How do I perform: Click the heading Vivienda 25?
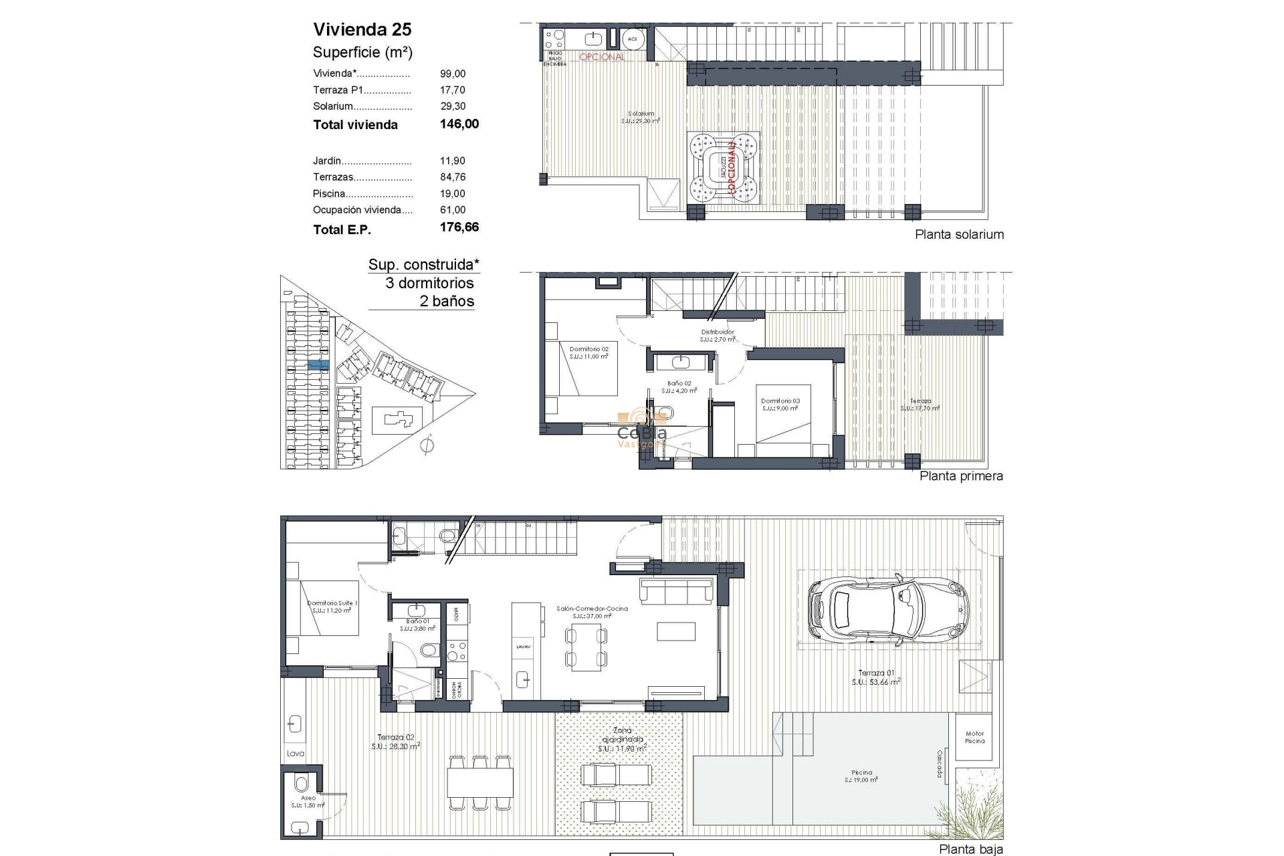pos(362,29)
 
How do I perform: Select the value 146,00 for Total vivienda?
pos(459,124)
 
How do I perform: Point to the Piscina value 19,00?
pos(453,193)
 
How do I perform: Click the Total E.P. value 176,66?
pos(459,227)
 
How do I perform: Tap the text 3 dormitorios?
pos(429,283)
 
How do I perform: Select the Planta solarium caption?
pos(959,235)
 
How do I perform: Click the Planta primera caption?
pos(961,476)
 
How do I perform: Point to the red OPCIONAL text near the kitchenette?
pos(602,58)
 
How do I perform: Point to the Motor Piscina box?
pos(974,737)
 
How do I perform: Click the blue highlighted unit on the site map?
pos(318,364)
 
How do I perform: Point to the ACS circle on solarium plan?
pos(632,39)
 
